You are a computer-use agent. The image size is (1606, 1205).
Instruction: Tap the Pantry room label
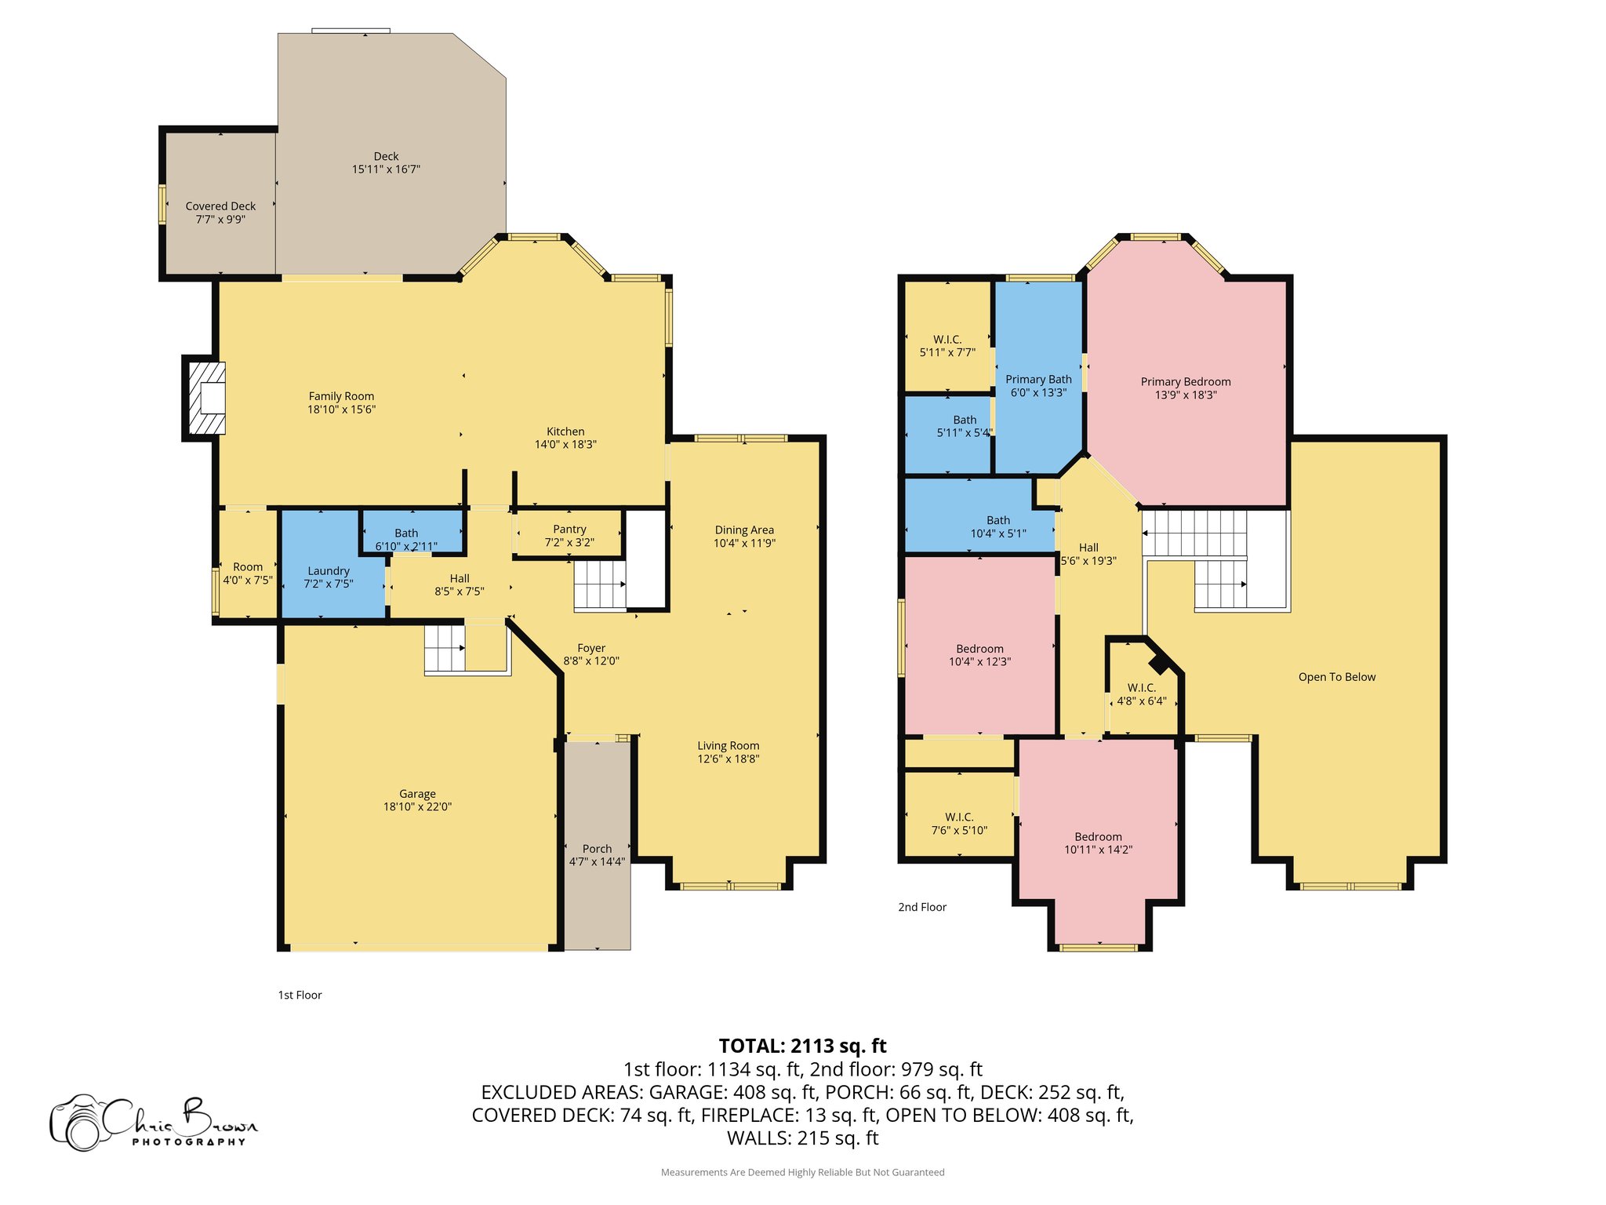click(x=569, y=530)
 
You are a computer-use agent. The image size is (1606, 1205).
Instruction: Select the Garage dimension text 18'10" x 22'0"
click(x=417, y=806)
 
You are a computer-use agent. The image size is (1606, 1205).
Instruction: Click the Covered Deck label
click(x=220, y=206)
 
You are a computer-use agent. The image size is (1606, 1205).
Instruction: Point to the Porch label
click(x=597, y=849)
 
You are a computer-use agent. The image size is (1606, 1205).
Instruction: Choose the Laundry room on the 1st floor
click(x=329, y=571)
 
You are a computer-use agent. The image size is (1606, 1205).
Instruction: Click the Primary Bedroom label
click(x=1185, y=382)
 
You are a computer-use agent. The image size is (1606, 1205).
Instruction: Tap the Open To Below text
click(x=1336, y=677)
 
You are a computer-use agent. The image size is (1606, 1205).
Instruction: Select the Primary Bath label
click(x=1038, y=380)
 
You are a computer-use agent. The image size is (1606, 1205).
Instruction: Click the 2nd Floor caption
click(x=922, y=907)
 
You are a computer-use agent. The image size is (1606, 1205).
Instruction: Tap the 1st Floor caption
click(x=300, y=995)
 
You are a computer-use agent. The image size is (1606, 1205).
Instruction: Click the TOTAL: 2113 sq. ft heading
click(x=802, y=1046)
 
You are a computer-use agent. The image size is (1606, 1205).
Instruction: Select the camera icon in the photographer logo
click(x=77, y=1123)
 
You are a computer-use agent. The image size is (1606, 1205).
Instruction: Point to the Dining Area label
click(x=744, y=530)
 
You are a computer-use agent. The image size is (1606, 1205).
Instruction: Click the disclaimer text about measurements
click(x=802, y=1172)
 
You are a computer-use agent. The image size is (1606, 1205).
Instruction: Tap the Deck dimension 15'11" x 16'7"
click(x=386, y=169)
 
